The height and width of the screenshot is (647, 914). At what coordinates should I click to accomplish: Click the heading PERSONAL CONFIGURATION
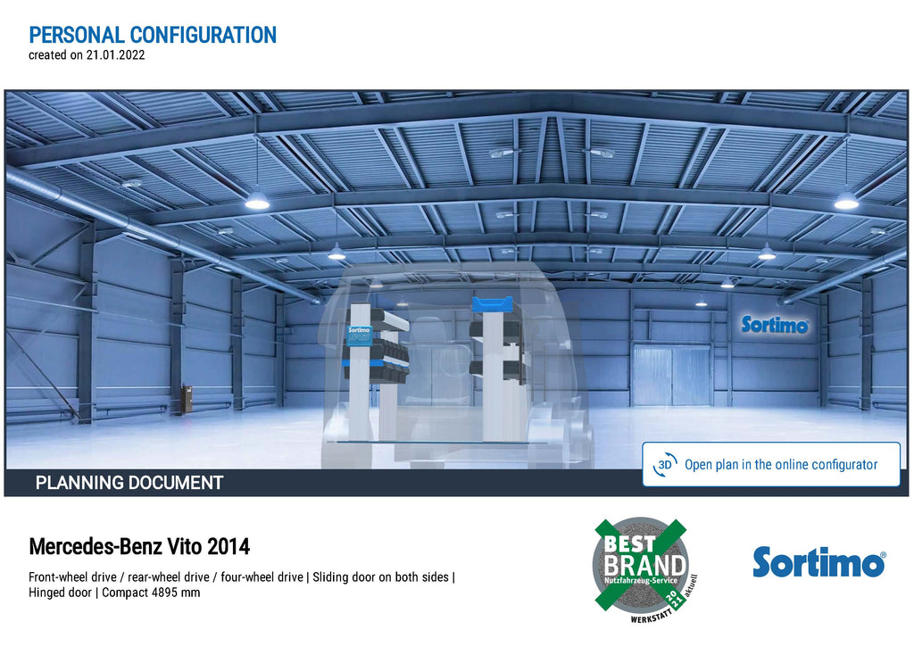[153, 35]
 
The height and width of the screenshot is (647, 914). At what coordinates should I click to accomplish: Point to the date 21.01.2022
[115, 55]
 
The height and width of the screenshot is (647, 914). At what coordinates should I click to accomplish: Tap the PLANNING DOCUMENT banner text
[129, 483]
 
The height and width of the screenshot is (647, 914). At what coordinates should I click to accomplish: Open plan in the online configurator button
[771, 464]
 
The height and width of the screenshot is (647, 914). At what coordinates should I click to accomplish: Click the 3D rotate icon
[665, 465]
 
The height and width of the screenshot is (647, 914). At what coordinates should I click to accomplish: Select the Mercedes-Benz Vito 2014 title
[139, 547]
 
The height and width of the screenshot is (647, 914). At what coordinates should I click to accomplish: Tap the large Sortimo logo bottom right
[819, 562]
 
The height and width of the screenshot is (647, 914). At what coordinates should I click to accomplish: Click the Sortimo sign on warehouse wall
[775, 325]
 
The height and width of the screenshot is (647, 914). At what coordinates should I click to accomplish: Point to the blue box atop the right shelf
[493, 304]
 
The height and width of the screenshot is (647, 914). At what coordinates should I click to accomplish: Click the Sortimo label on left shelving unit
[359, 336]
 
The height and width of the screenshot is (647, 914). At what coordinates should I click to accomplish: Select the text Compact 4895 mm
[151, 593]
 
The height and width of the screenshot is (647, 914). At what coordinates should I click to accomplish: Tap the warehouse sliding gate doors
[671, 375]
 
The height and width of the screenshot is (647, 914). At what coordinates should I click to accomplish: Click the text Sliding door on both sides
[380, 577]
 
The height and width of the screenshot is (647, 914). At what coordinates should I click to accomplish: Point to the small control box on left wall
[187, 399]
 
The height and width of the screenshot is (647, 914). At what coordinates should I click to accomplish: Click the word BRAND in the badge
[644, 565]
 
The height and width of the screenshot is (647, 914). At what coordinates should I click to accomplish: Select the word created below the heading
[47, 55]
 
